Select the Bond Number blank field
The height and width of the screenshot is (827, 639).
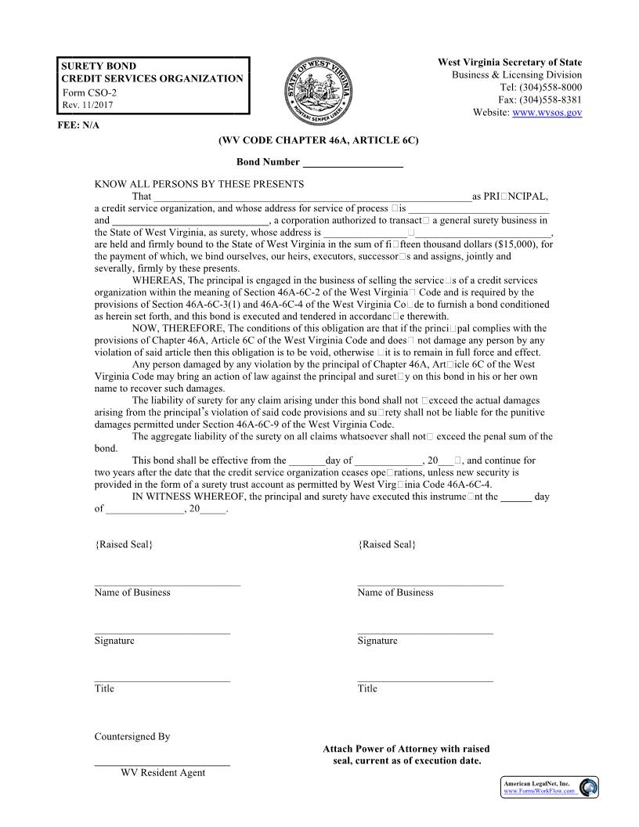pyautogui.click(x=352, y=163)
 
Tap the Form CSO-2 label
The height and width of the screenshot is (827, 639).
pyautogui.click(x=89, y=93)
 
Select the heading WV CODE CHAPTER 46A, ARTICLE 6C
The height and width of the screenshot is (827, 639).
pyautogui.click(x=318, y=140)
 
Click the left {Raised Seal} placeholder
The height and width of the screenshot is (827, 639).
pyautogui.click(x=124, y=544)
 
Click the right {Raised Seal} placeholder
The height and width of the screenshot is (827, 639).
pyautogui.click(x=387, y=544)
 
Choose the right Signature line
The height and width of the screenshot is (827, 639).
pyautogui.click(x=425, y=632)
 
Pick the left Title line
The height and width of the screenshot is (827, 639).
pyautogui.click(x=162, y=680)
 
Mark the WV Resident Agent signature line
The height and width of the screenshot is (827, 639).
pyautogui.click(x=162, y=764)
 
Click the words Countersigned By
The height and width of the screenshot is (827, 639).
pyautogui.click(x=132, y=737)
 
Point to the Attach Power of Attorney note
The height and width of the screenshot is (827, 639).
pyautogui.click(x=406, y=755)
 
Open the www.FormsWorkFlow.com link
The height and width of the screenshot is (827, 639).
pyautogui.click(x=539, y=791)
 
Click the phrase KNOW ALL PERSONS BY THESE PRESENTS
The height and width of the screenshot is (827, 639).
pyautogui.click(x=199, y=184)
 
